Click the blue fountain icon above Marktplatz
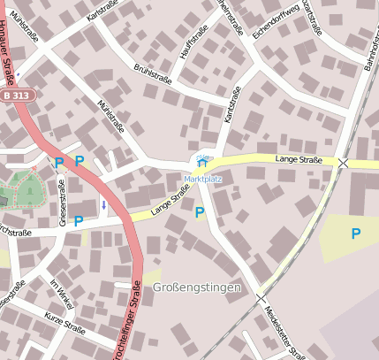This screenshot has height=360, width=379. pos(201,162)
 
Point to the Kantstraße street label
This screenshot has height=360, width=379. pos(231,104)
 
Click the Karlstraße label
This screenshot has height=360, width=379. pos(103,10)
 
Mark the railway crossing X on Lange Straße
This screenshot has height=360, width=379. pos(343,163)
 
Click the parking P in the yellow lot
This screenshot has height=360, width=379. pos(355,234)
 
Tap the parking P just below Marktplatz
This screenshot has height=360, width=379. pos(200,212)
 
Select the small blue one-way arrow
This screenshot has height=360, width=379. pos(103,206)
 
